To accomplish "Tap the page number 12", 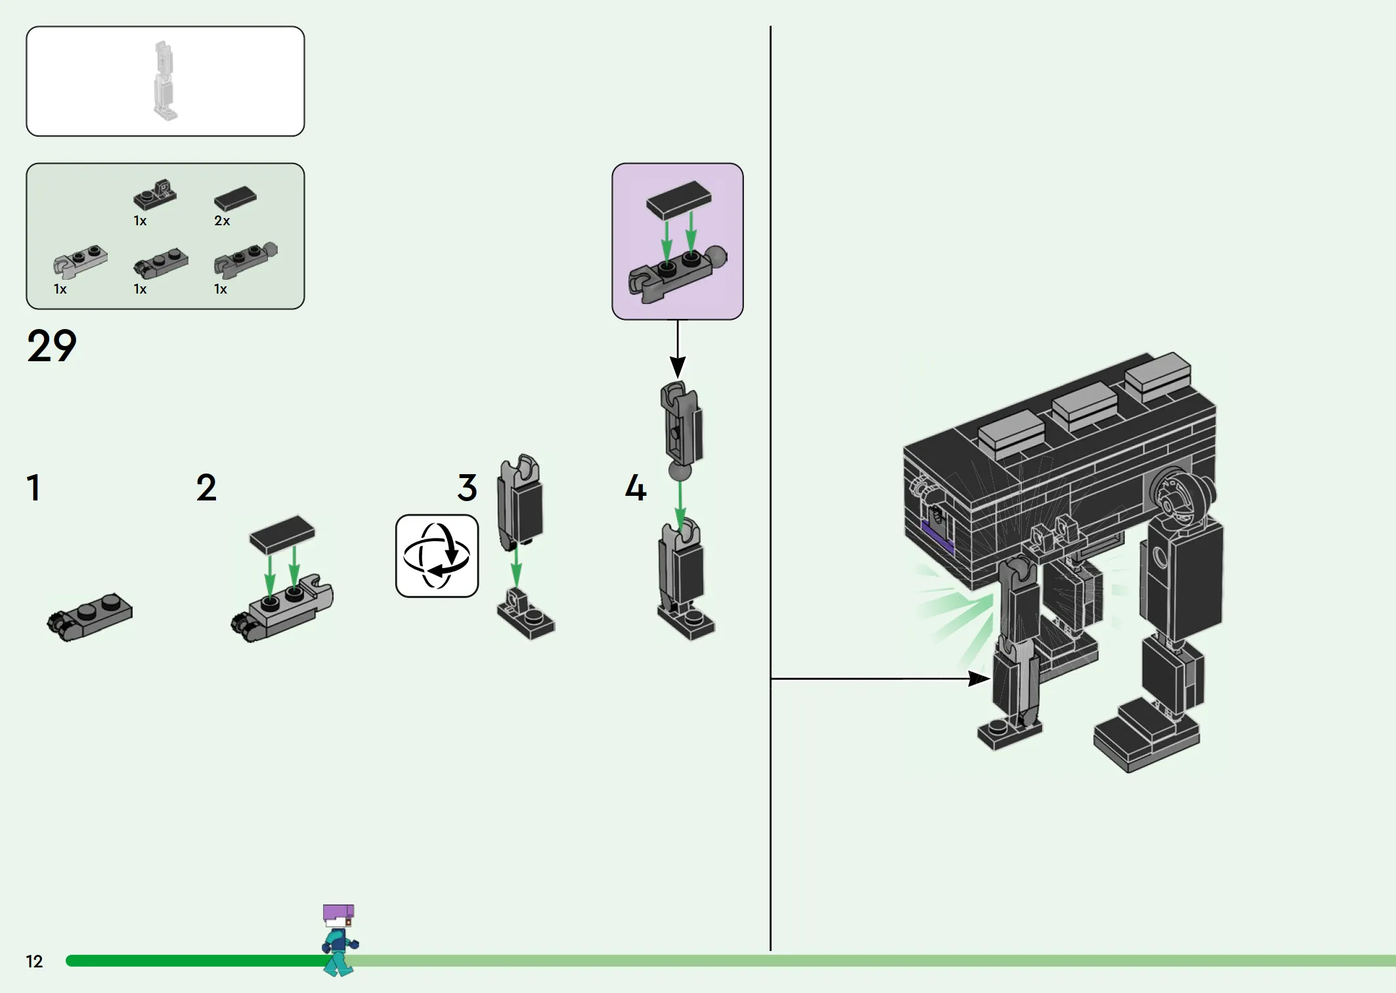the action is point(34,961).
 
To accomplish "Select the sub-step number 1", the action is point(33,488).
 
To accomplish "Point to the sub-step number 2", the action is point(206,488).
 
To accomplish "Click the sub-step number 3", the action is point(467,488).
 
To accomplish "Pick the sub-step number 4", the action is point(636,488).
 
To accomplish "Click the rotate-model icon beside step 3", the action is point(437,556).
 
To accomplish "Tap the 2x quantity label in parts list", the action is point(222,221).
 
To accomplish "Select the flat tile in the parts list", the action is point(235,198).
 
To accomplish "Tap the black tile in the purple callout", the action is point(678,200).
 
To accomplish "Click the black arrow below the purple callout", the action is point(678,349).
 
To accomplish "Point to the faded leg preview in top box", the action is point(165,81).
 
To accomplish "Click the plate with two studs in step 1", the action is point(90,617).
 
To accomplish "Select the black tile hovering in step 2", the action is point(282,535).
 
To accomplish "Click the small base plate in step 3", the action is point(525,613).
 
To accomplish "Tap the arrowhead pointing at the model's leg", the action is point(979,678).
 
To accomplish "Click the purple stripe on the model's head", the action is point(938,537).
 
